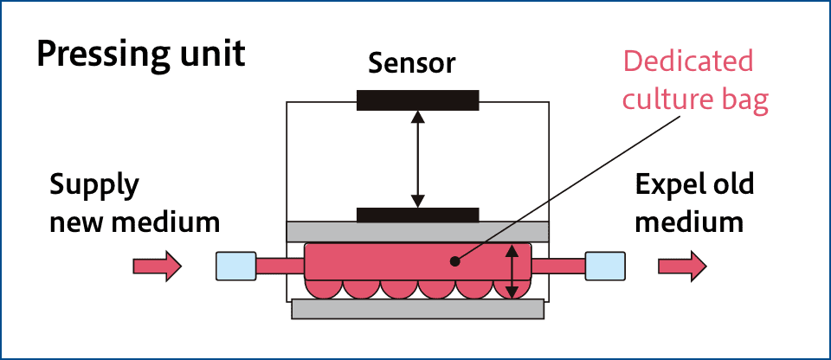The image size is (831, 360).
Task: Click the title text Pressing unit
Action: [x=140, y=55]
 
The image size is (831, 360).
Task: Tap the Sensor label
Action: [x=412, y=63]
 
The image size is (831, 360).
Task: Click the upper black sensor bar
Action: [x=417, y=100]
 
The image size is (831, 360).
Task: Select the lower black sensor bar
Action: [x=417, y=215]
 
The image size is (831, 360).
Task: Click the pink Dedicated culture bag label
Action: [x=688, y=81]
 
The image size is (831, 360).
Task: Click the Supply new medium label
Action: [x=133, y=203]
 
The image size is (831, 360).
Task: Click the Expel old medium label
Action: [x=693, y=203]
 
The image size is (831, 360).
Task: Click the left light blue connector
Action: [x=235, y=266]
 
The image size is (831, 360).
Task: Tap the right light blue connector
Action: [x=604, y=266]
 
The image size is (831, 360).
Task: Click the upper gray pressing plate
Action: [x=417, y=231]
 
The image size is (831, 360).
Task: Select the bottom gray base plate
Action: [x=417, y=309]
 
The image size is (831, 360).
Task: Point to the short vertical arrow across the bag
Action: [x=513, y=271]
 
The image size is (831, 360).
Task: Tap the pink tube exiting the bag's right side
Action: [x=557, y=266]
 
